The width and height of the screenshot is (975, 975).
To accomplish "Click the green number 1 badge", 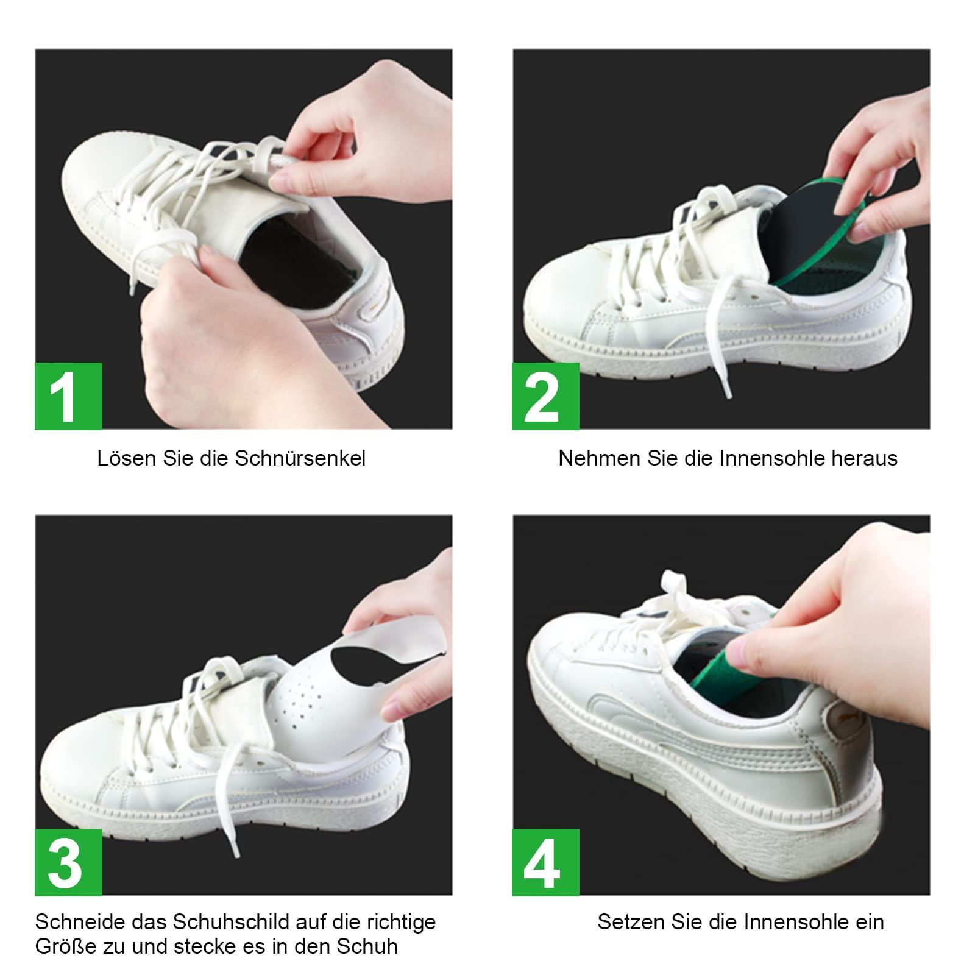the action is tap(68, 396).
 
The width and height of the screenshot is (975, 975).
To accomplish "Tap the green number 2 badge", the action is tap(545, 396).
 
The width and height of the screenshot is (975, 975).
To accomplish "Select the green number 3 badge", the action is tap(68, 862).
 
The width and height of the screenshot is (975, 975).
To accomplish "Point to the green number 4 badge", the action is tap(545, 862).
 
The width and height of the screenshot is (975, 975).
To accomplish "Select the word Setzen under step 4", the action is tap(632, 922).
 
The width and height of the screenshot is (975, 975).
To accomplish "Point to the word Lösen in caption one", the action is tap(127, 458).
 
